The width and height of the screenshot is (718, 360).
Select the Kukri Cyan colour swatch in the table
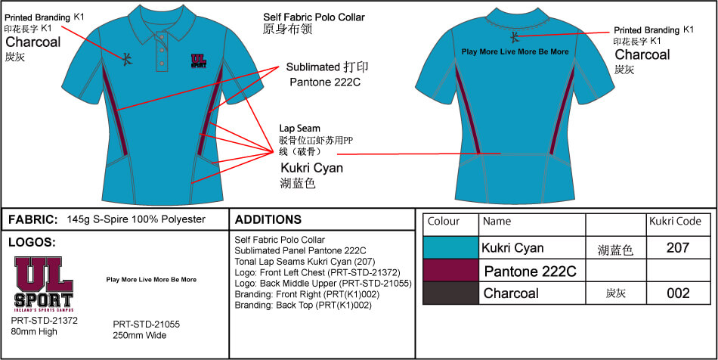point(450,247)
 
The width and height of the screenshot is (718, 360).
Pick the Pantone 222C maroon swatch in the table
point(450,271)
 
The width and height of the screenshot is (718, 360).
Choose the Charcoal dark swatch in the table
point(450,293)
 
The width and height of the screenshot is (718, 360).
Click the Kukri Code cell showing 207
point(679,247)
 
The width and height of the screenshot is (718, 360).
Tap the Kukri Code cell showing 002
point(679,293)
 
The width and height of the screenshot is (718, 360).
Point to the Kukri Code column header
point(674,222)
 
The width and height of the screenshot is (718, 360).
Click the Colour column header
point(444,222)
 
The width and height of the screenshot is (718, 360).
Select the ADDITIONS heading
point(268,220)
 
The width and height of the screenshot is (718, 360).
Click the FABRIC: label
point(32,220)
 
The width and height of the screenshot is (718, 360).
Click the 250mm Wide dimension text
point(141,335)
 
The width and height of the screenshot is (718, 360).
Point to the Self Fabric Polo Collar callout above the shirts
point(314,17)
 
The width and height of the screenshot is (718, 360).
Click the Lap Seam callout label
point(300,129)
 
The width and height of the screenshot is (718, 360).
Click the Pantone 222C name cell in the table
point(530,271)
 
